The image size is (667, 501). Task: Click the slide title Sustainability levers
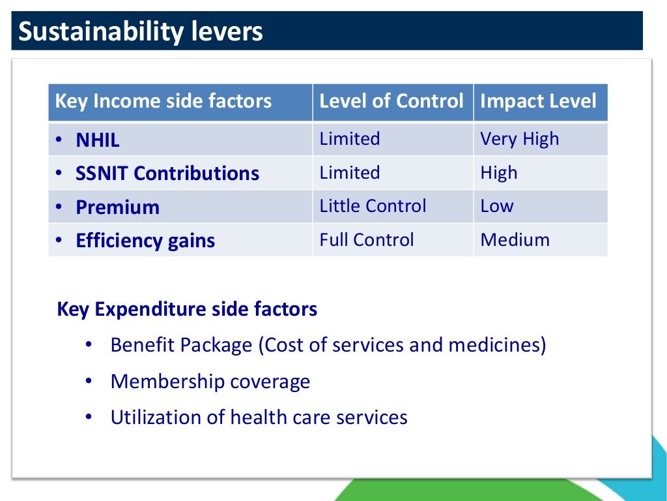click(x=141, y=31)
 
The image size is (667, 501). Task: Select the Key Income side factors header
click(x=163, y=101)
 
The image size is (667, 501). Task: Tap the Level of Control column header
click(x=391, y=101)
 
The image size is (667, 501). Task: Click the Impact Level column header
click(x=538, y=101)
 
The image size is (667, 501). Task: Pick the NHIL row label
click(x=98, y=140)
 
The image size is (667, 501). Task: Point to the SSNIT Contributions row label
click(x=167, y=174)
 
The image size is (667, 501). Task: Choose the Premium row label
click(x=117, y=207)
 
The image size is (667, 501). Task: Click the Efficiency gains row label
click(x=145, y=241)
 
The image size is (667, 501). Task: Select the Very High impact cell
click(x=519, y=139)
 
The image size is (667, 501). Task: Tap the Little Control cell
click(x=373, y=206)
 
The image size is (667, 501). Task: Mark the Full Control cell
click(x=366, y=240)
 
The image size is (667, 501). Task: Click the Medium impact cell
click(x=515, y=240)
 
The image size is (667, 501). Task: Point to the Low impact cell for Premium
click(x=496, y=206)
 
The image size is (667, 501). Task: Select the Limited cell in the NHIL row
click(x=349, y=139)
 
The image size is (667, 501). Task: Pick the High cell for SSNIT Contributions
click(x=498, y=173)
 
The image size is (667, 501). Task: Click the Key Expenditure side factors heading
click(x=187, y=309)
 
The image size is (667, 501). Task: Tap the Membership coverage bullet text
click(x=210, y=382)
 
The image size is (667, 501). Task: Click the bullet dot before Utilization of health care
click(x=89, y=417)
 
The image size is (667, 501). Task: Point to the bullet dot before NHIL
click(x=59, y=140)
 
